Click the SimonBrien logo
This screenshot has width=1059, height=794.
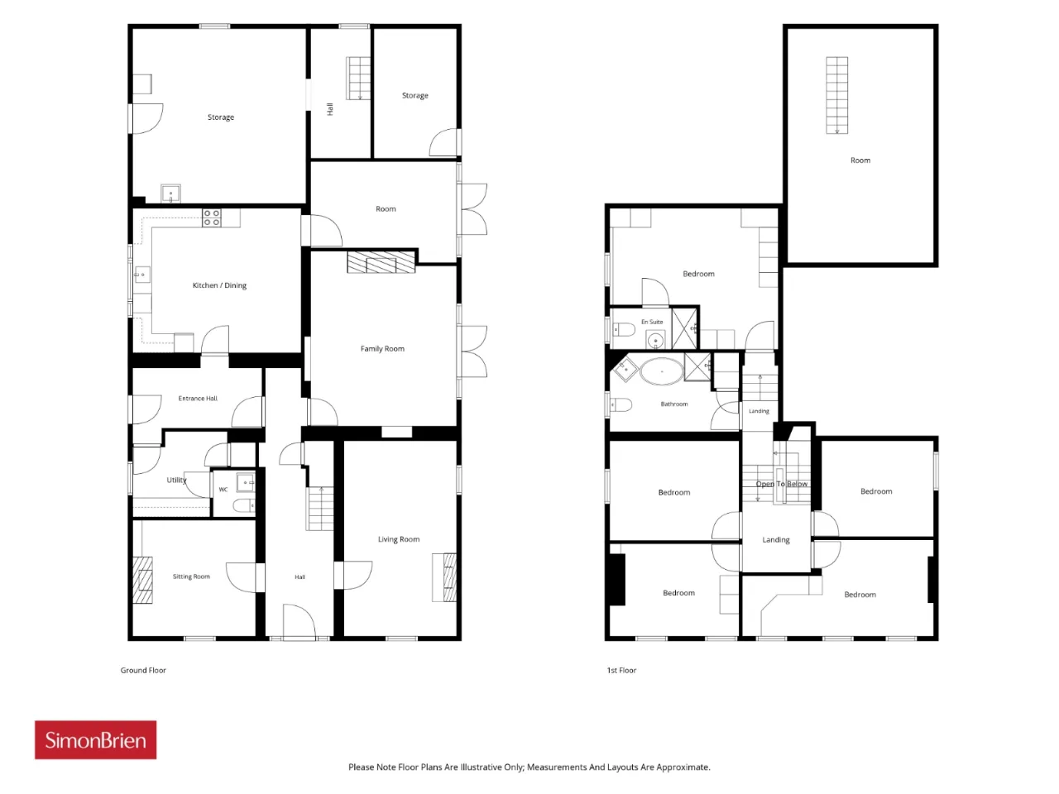pos(95,739)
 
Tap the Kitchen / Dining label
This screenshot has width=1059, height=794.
pos(219,285)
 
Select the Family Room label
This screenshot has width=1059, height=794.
pos(382,348)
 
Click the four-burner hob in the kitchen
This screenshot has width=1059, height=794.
pos(211,218)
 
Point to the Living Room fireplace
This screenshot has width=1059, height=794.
pos(443,577)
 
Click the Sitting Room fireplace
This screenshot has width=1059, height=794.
pos(142,580)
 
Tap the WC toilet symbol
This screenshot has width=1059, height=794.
pos(243,505)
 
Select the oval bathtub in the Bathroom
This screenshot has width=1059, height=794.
pos(661,371)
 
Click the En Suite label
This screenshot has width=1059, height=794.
pos(652,322)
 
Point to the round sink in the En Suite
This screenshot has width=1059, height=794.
pos(655,342)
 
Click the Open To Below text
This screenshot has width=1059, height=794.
pos(781,484)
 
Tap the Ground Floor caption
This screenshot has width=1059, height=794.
pos(143,670)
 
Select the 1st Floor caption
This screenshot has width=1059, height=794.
pos(621,670)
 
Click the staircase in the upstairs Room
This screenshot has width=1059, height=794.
pos(836,95)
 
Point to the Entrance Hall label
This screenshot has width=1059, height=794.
pos(198,398)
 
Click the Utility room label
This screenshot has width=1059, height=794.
pos(176,481)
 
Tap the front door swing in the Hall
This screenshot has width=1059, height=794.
pos(299,622)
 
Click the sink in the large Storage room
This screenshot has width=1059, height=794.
pos(170,194)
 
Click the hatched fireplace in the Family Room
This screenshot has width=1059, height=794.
pos(381,262)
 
